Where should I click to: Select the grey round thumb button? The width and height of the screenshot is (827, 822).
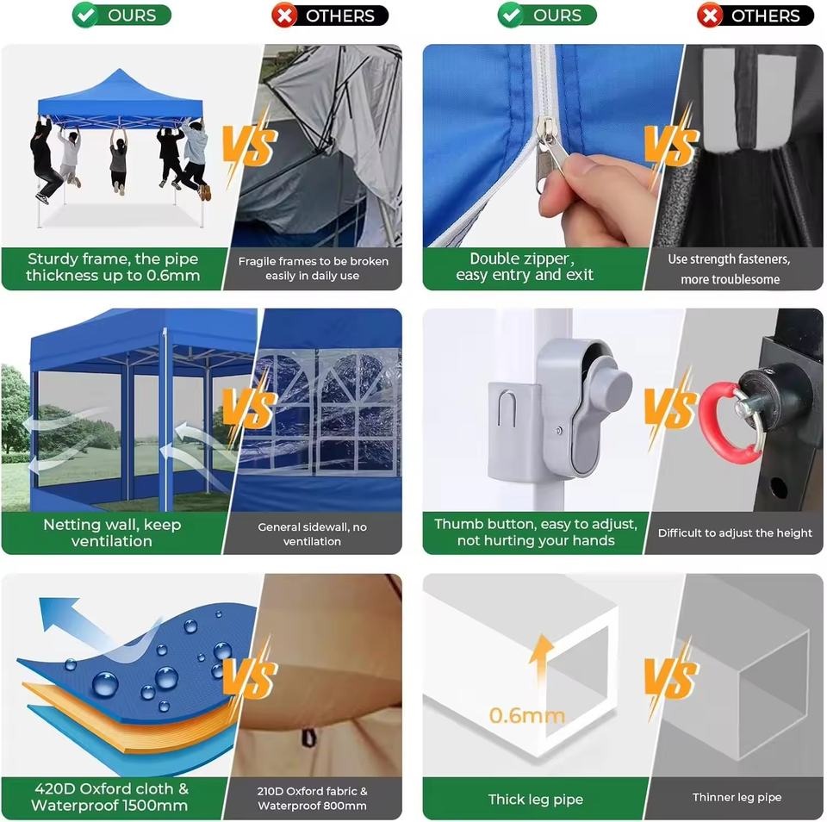[612, 380]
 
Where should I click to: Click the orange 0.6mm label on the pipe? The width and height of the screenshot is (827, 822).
[526, 715]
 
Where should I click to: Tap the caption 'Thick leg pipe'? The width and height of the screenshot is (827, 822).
[535, 800]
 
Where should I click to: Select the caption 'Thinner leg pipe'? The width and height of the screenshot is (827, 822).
[737, 797]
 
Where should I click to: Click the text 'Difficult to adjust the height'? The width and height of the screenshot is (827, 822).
[735, 532]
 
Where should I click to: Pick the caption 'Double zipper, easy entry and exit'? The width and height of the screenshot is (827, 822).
[525, 267]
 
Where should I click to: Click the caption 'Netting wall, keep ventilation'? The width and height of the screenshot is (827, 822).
[112, 532]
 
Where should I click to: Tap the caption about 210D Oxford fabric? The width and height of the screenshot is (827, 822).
[312, 798]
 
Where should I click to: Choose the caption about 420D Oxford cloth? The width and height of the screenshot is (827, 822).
[109, 797]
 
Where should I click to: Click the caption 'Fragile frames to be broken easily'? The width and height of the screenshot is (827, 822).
[313, 268]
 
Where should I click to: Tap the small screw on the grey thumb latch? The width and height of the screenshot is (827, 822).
[558, 431]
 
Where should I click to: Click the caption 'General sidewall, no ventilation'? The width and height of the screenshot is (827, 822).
[312, 534]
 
